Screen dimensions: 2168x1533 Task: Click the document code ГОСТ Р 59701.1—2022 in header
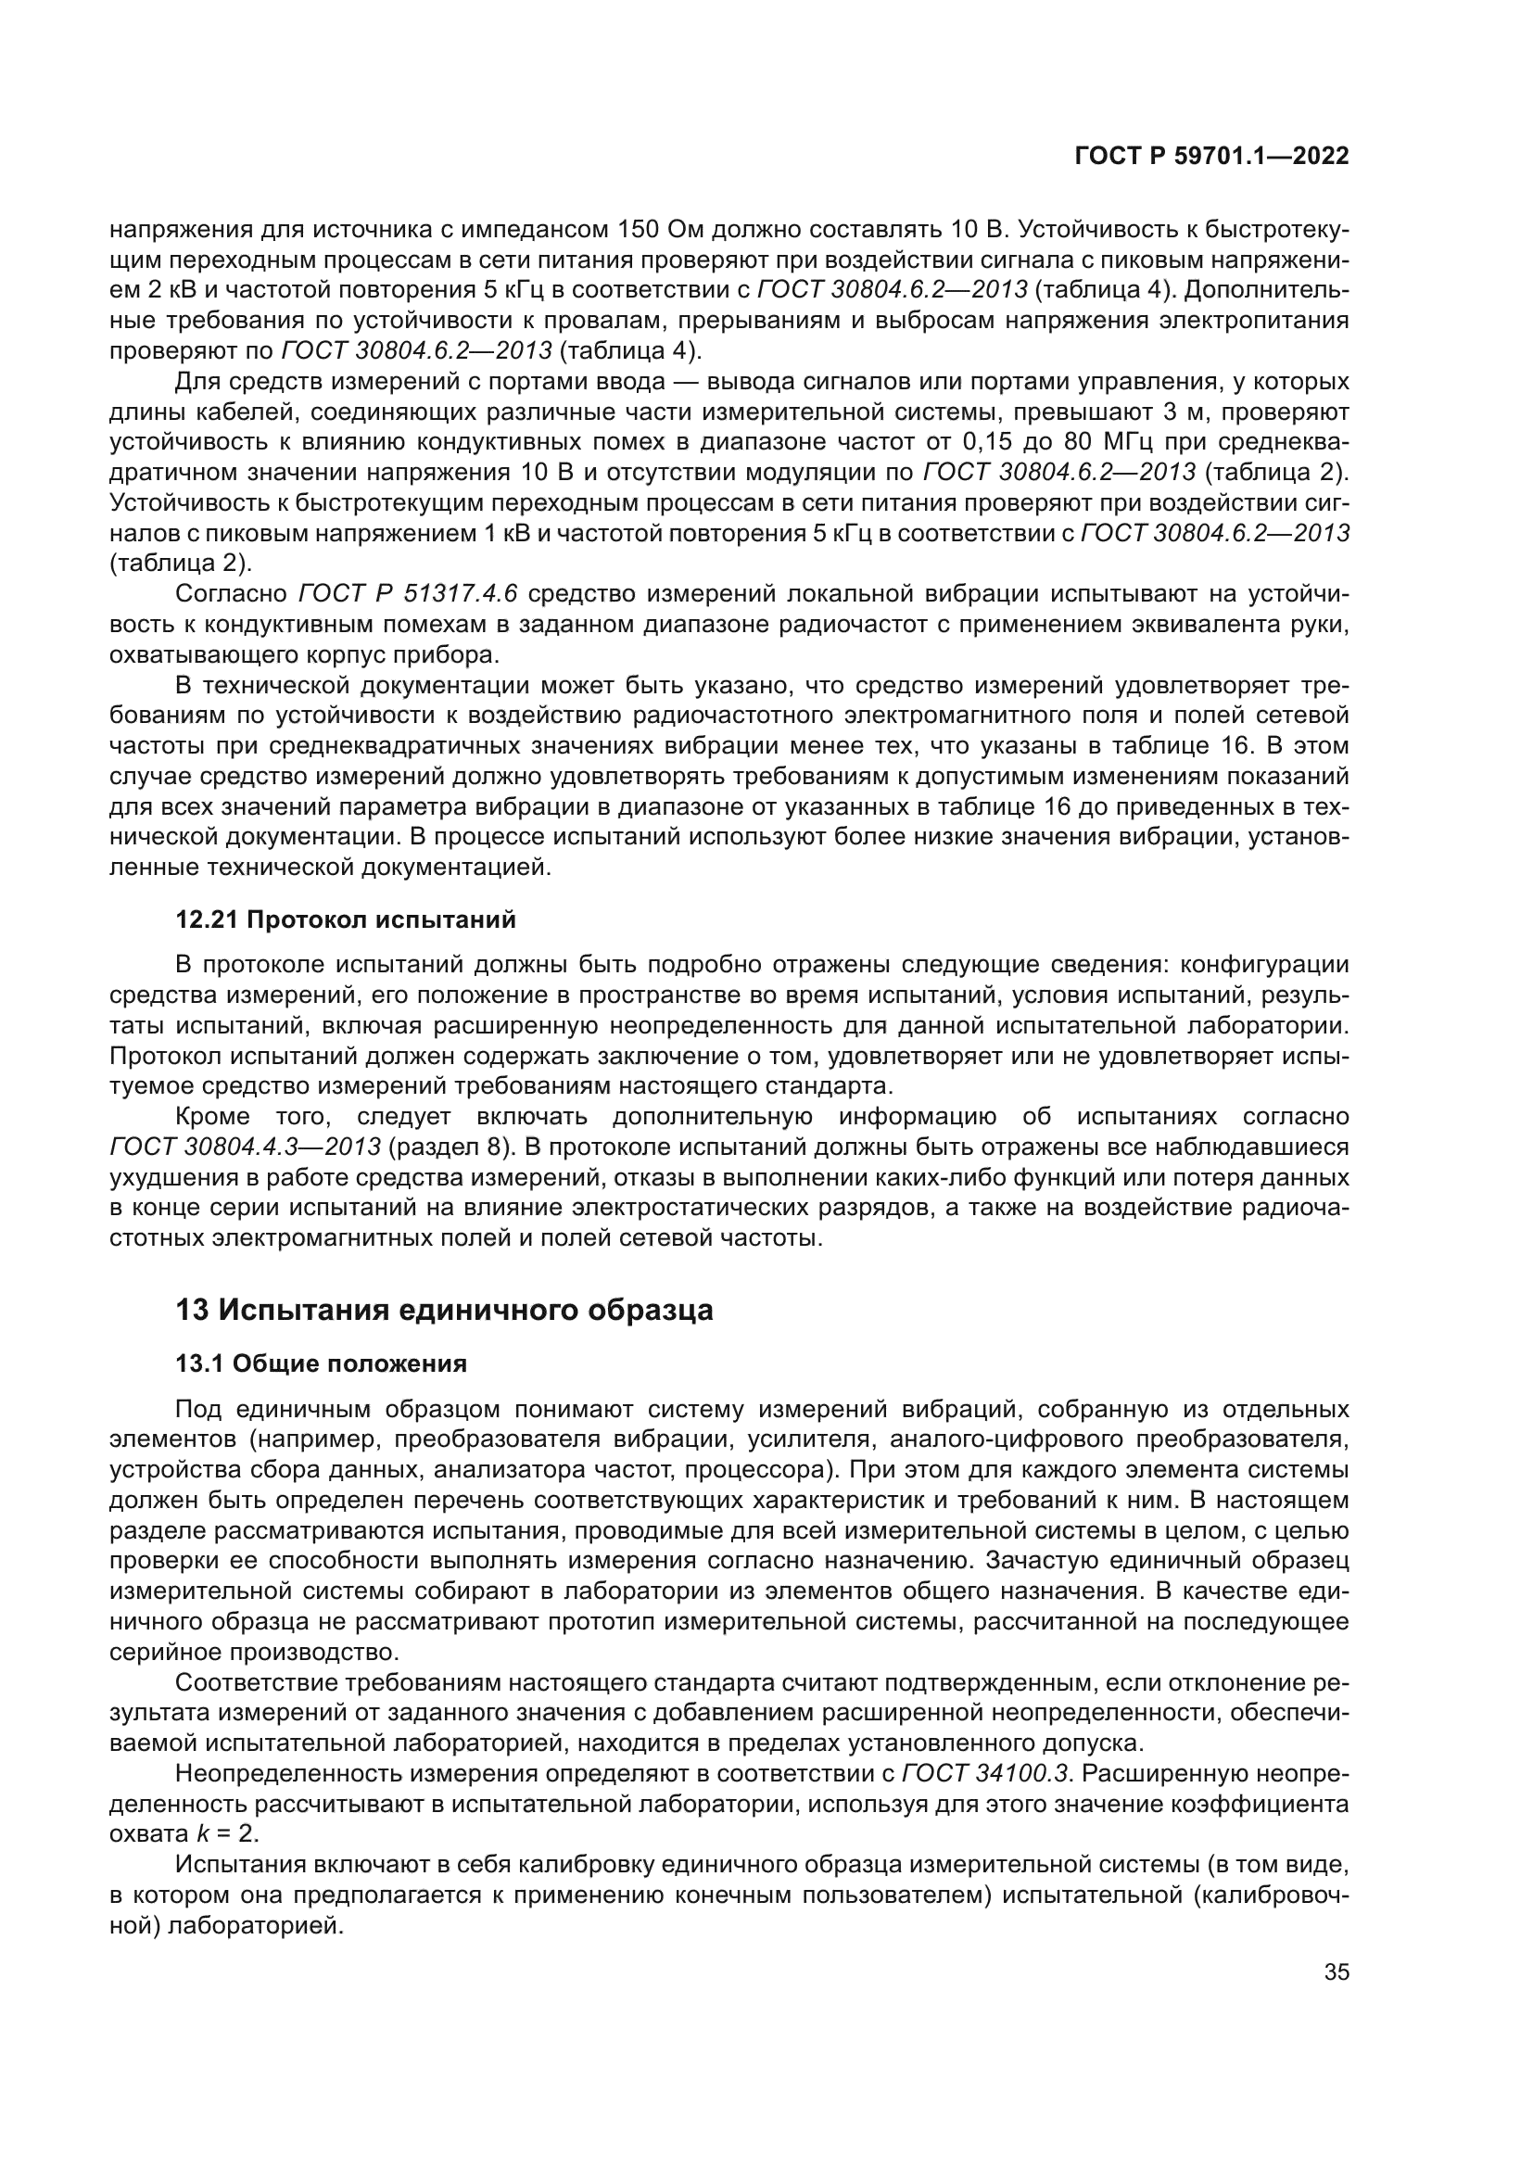point(1211,156)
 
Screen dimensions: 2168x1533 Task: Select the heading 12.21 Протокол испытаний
point(346,919)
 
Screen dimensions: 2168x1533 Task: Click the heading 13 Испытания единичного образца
point(444,1311)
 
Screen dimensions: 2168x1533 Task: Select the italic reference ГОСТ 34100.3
point(986,1773)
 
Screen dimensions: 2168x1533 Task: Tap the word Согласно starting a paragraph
point(232,594)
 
